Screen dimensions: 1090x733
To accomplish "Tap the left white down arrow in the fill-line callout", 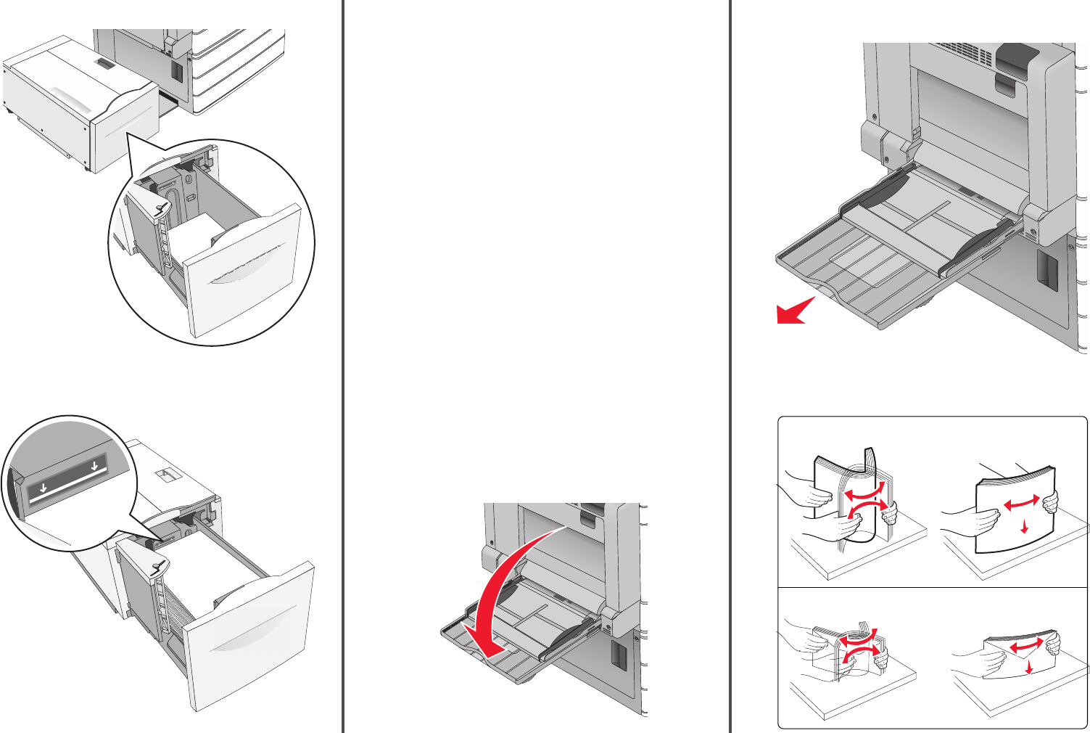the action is (44, 488).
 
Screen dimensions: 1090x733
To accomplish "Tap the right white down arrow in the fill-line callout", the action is (94, 465).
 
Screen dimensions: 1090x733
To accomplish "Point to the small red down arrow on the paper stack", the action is (1024, 527).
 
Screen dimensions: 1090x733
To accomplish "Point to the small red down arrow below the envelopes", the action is (1029, 666).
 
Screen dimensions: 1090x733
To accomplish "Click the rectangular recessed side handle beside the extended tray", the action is (1046, 271).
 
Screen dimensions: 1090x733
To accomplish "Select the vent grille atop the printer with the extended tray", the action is (962, 51).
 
